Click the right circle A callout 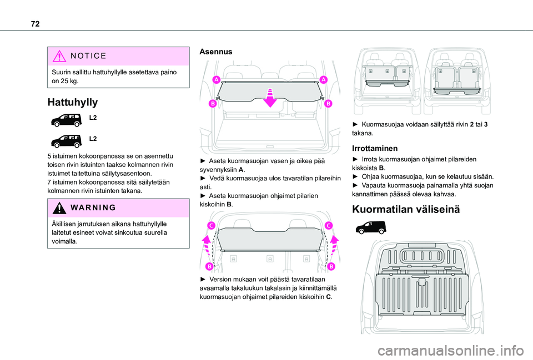coord(323,80)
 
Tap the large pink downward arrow coord(270,96)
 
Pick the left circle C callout coord(211,225)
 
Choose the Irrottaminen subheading coord(375,149)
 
